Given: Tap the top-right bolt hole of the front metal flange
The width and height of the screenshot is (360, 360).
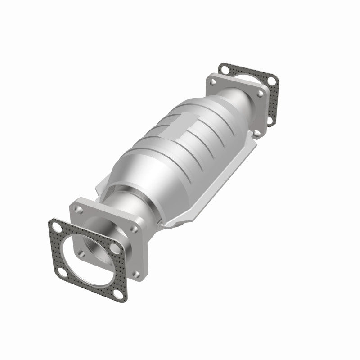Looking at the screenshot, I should click(133, 228).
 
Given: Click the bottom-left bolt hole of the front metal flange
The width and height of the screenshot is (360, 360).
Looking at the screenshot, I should click(82, 253).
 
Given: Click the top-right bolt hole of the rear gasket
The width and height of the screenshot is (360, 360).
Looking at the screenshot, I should click(272, 81).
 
